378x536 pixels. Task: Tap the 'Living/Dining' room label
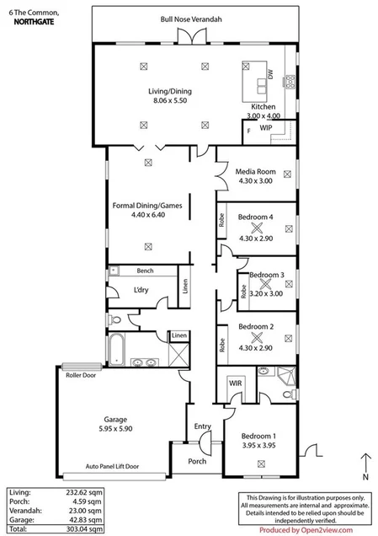[148, 90]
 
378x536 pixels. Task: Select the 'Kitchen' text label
[264, 107]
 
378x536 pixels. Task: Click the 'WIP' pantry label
[265, 128]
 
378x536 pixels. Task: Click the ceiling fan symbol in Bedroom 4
[255, 227]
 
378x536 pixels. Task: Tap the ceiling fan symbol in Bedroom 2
[255, 336]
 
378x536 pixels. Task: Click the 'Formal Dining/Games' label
[148, 204]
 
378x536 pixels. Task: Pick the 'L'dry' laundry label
[141, 291]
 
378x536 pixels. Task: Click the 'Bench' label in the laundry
[144, 271]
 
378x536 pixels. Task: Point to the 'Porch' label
[197, 461]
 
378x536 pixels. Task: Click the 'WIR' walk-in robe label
[235, 383]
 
